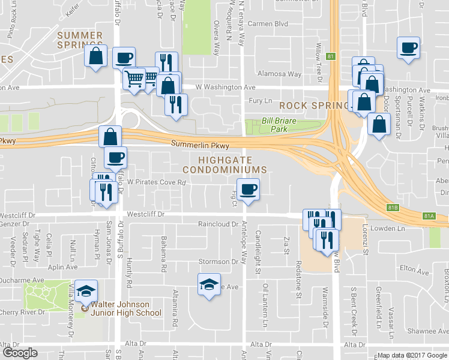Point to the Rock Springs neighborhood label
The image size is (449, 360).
314,105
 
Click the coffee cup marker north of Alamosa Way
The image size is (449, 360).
408,47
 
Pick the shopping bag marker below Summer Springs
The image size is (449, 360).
96,56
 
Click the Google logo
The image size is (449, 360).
20,353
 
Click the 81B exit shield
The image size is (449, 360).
393,208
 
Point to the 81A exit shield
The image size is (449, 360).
429,216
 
